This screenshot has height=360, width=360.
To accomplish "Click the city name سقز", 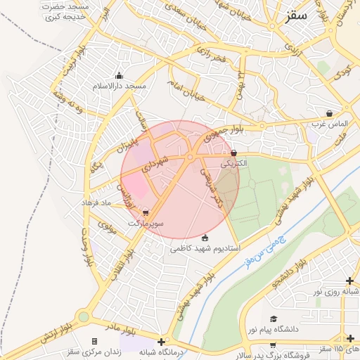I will tap(297, 16).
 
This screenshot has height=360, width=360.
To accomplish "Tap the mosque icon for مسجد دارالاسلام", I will tap(119, 76).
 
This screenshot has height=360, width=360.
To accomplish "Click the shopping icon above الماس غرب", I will tap(330, 113).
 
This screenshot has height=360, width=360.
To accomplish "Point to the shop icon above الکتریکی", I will tap(234, 153).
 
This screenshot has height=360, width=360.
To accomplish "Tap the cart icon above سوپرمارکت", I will tap(146, 212).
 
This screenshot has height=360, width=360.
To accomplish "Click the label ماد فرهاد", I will tap(96, 202).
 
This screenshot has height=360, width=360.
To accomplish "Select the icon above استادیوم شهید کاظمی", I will tap(205, 238).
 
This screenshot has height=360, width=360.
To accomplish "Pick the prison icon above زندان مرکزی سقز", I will tap(95, 341).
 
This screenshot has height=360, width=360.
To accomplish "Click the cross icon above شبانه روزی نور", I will tap(350, 281).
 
